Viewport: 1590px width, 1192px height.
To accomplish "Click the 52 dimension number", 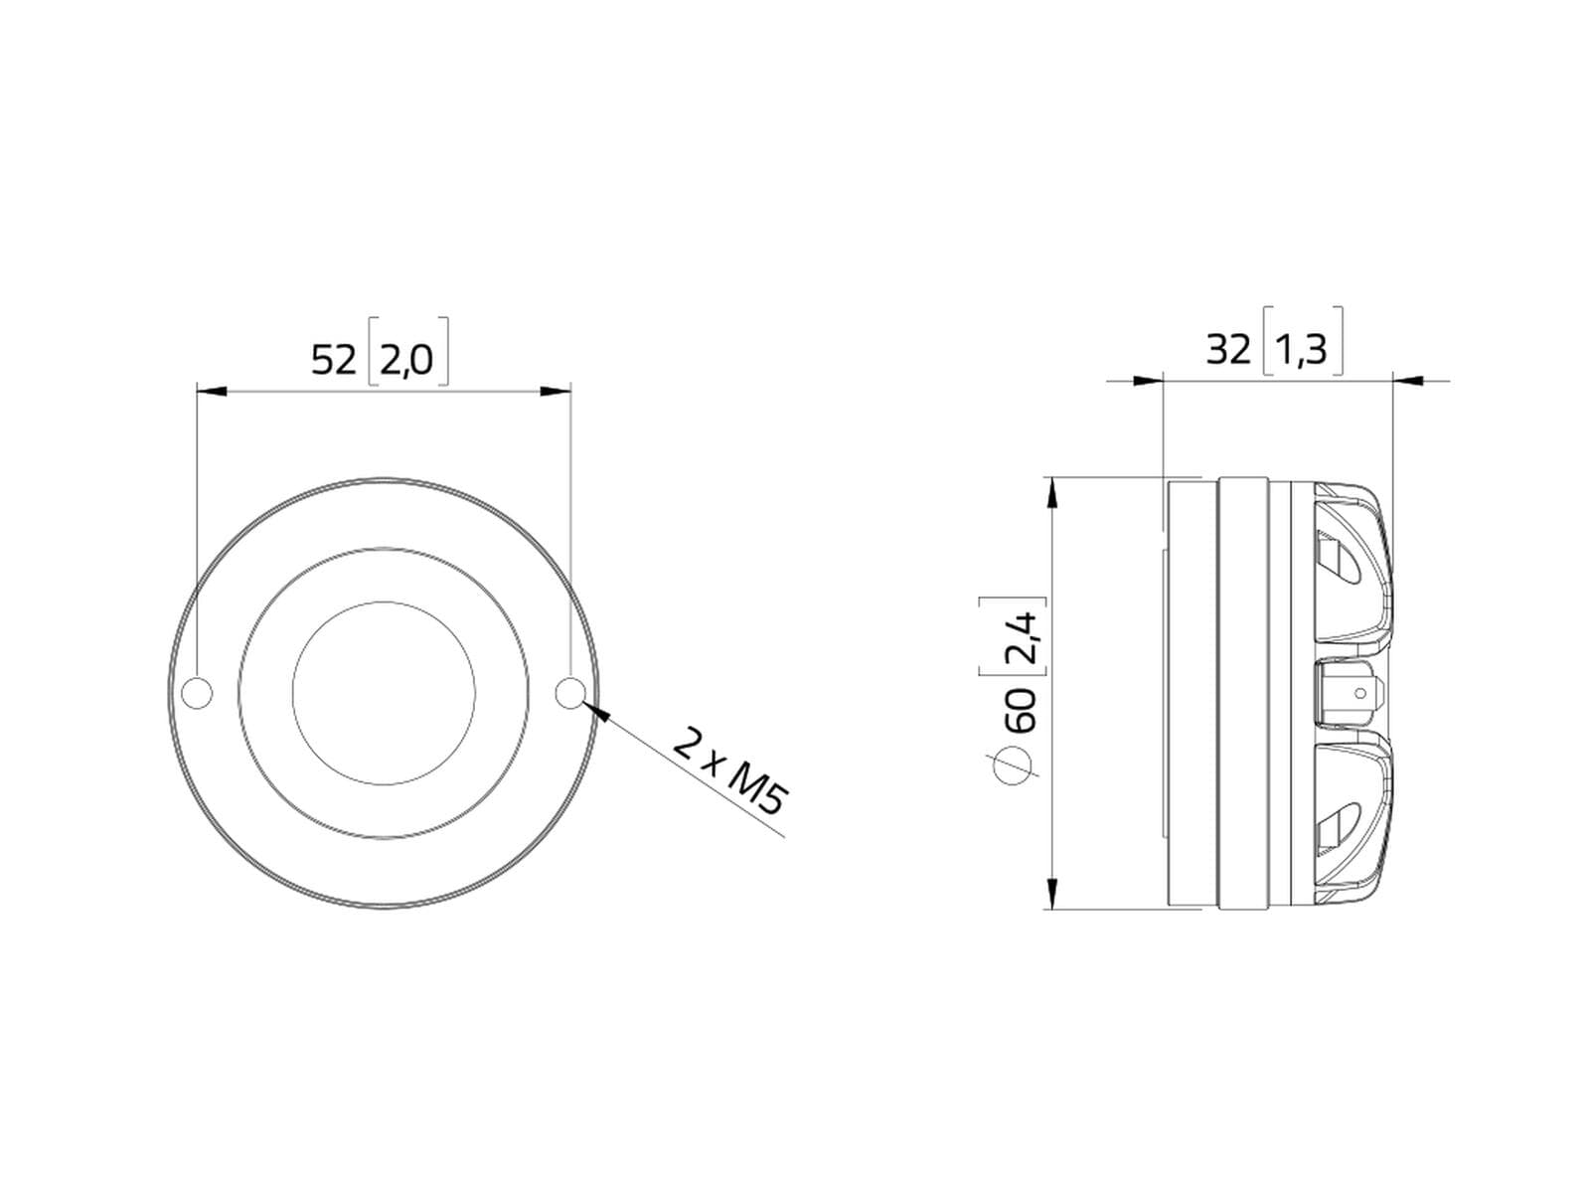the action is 333,360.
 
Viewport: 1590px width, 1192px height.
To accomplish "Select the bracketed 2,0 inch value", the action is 407,360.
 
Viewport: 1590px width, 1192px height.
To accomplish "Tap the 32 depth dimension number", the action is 1228,350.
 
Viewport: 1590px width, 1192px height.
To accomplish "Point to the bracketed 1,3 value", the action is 1302,350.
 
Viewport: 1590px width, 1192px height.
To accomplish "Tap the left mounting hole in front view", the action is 198,693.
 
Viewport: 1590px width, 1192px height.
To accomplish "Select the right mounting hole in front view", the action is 570,693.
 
